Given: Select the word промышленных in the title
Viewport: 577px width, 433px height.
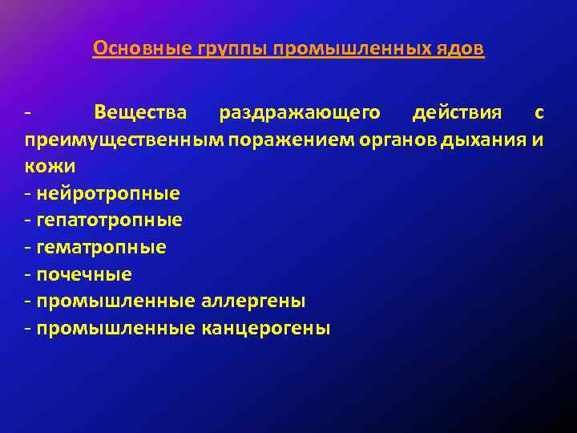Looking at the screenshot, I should [353, 50].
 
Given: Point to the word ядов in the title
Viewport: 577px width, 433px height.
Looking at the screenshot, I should [462, 50].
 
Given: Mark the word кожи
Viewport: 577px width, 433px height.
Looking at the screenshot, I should [50, 167].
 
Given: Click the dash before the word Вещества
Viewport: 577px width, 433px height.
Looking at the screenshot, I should [28, 113].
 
